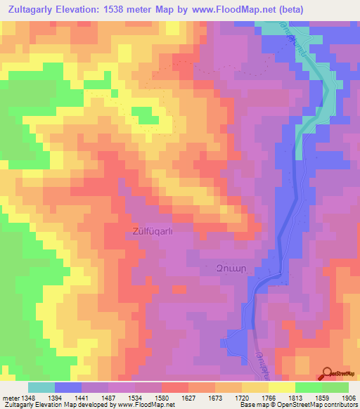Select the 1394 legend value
pos(67,397)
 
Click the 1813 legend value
pos(295,397)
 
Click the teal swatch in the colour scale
pos(41,387)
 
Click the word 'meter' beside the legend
pos(10,397)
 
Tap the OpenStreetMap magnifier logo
pos(328,374)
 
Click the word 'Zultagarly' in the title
pos(30,9)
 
